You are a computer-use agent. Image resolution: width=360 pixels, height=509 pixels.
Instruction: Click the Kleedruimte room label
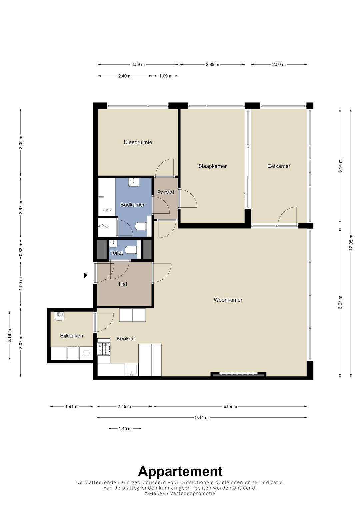tap(138, 142)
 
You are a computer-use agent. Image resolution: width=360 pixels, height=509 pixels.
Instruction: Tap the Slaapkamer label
tap(213, 166)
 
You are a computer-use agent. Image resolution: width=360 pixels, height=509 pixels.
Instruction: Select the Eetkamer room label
tap(279, 166)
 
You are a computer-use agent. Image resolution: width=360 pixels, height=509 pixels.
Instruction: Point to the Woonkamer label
tap(228, 300)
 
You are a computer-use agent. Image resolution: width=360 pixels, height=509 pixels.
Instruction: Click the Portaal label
tap(165, 192)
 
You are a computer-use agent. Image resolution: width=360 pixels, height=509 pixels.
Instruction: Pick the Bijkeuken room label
tap(72, 336)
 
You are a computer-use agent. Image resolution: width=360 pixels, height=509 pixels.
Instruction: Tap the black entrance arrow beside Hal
tap(85, 275)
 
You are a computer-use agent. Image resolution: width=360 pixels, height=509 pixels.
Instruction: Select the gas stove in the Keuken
tap(104, 349)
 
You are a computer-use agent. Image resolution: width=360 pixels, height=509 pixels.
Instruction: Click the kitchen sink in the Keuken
tap(132, 370)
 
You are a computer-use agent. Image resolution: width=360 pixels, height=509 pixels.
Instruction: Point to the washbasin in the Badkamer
tap(134, 182)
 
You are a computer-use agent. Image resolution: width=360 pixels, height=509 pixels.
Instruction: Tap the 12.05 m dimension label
tap(351, 242)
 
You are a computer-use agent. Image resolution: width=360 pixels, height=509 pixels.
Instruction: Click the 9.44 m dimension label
tap(202, 417)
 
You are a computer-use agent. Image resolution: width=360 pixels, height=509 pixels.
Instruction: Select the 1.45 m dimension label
tap(125, 429)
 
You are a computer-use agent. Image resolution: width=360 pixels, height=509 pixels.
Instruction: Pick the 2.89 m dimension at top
tap(213, 65)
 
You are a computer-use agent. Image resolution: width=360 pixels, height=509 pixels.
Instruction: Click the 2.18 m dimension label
tap(9, 336)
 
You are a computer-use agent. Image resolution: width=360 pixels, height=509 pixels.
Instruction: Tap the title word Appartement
tap(180, 471)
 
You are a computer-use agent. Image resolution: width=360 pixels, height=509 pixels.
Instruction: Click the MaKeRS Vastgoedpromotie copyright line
tap(180, 493)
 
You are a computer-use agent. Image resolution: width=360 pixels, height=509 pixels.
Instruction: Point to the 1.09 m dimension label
tap(166, 76)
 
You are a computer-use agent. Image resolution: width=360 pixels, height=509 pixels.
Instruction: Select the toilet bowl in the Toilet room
tap(131, 250)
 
